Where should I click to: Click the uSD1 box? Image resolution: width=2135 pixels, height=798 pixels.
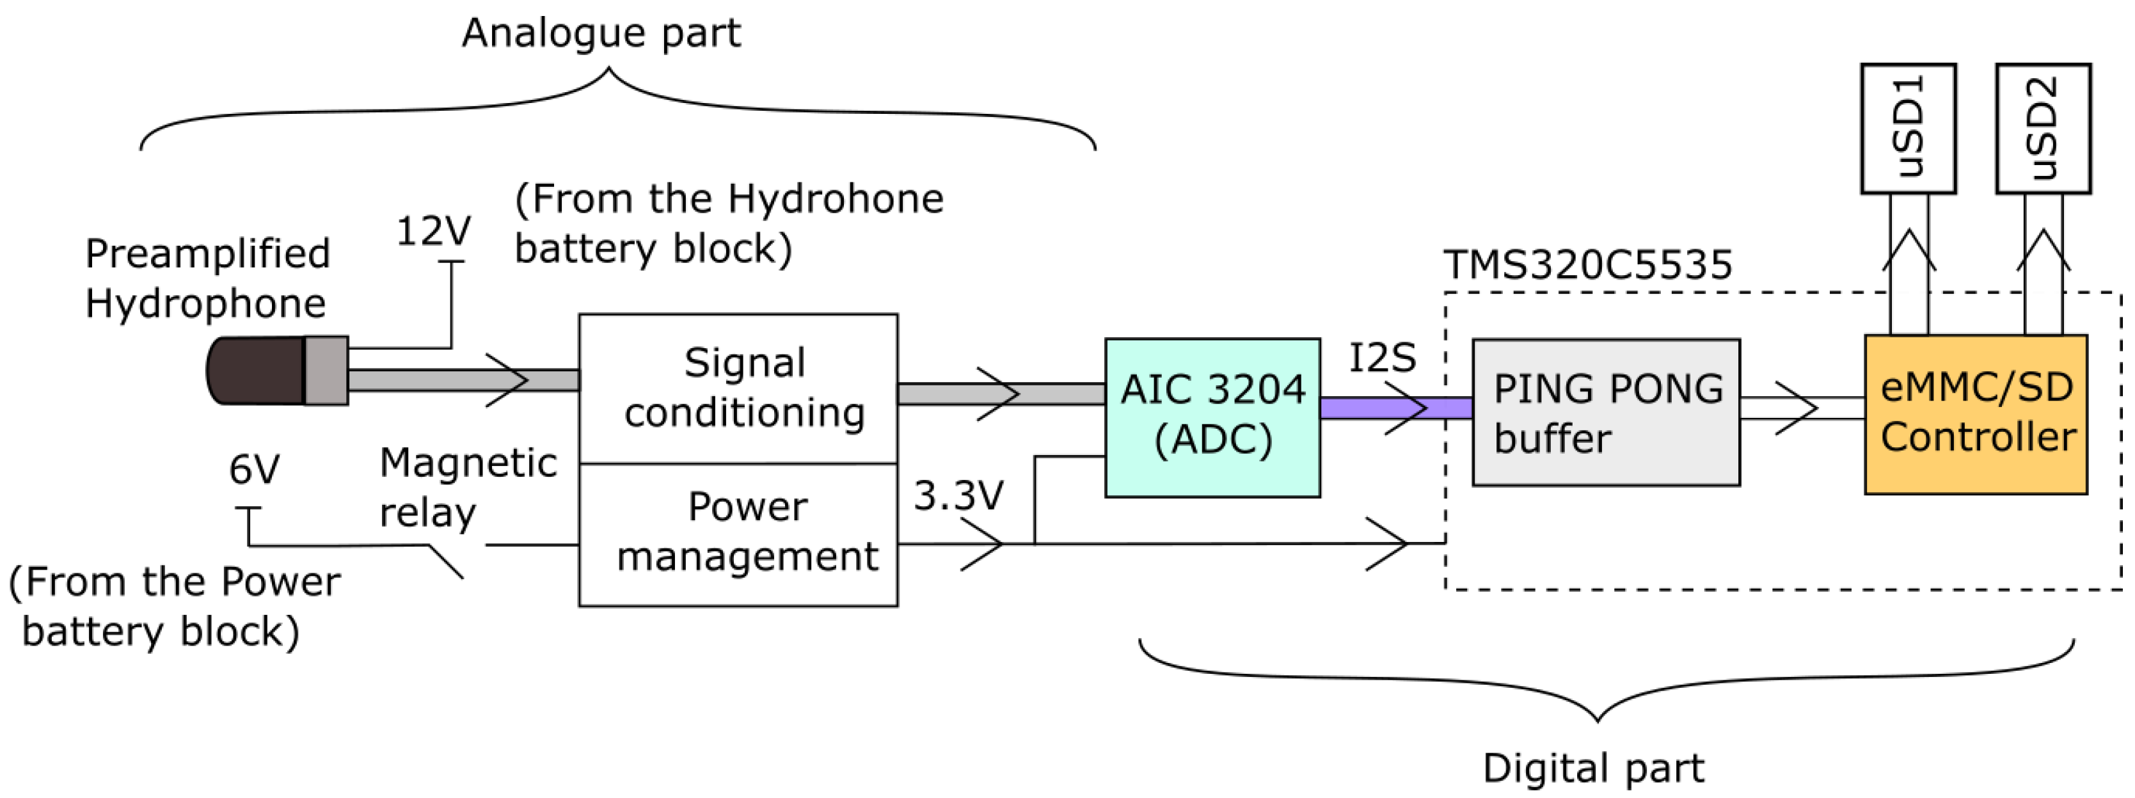(x=1908, y=129)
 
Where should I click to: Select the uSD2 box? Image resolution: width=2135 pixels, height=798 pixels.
(x=2043, y=129)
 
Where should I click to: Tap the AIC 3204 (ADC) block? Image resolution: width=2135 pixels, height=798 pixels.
(x=1212, y=417)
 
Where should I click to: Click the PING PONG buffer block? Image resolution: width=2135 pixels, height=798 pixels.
(x=1605, y=412)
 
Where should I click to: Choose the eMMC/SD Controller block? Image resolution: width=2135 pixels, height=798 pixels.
(x=1976, y=414)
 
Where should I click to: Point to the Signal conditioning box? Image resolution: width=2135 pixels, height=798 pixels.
(x=738, y=388)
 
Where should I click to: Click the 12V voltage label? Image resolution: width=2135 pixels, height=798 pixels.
(x=434, y=231)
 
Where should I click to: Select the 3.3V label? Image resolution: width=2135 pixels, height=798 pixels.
(x=958, y=495)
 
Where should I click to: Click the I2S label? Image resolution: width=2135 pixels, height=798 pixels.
(x=1381, y=358)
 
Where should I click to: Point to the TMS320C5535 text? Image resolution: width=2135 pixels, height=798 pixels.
(x=1587, y=265)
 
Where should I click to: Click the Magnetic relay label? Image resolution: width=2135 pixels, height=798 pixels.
(x=468, y=487)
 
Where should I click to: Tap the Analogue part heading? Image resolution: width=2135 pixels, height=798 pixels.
(x=601, y=33)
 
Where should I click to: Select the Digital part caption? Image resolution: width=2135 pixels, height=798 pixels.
(x=1593, y=768)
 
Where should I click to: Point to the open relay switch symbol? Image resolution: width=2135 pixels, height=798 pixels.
(x=446, y=561)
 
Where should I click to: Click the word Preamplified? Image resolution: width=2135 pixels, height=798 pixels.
(x=207, y=253)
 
